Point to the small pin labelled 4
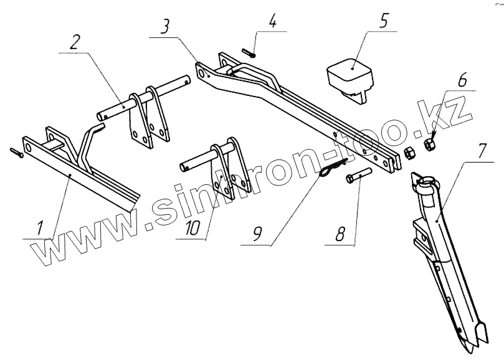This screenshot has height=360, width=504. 247,53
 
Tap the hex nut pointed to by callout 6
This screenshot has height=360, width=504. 429,144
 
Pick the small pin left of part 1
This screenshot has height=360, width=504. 16,151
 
